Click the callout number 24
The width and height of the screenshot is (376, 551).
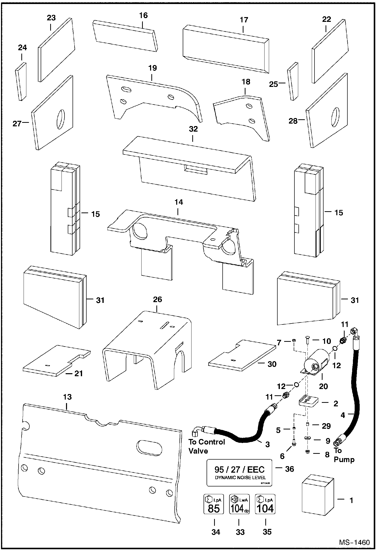tap(22, 48)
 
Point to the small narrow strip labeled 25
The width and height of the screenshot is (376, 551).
tap(293, 81)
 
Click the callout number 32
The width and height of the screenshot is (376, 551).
tap(193, 129)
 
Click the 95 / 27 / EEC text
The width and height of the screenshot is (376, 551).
tap(239, 469)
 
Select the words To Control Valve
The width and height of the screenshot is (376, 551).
tap(207, 446)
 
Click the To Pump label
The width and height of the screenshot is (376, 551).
tap(343, 455)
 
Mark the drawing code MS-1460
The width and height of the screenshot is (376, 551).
tap(354, 542)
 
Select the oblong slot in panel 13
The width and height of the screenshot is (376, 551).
tap(149, 447)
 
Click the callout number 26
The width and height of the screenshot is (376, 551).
tap(157, 299)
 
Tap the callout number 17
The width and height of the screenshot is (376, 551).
tap(244, 20)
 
